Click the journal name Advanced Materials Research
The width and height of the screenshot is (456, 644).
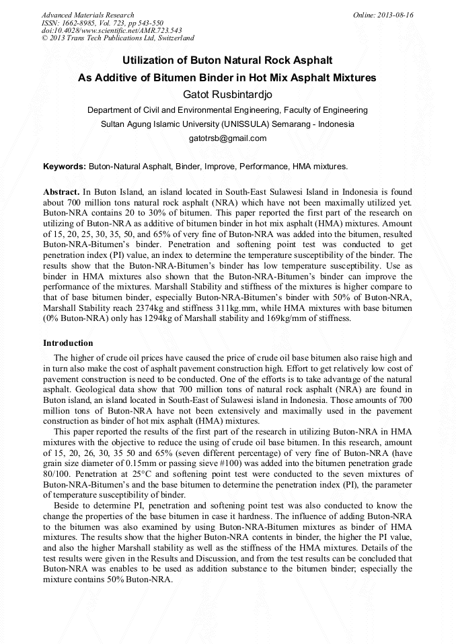87,15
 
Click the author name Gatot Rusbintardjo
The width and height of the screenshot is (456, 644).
227,93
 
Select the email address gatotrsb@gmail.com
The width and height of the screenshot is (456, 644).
227,138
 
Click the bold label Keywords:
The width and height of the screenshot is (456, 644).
65,166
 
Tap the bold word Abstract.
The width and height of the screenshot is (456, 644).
61,191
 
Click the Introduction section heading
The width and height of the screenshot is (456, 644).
68,343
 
